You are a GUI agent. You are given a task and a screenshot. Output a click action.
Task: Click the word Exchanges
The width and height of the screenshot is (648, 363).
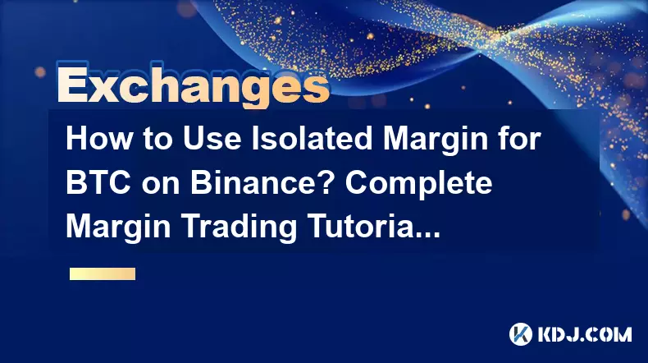pos(194,85)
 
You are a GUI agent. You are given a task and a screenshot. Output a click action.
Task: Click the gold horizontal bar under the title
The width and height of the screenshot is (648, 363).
pos(103,274)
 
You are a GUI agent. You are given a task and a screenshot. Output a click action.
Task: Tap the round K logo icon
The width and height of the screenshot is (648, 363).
pos(520,334)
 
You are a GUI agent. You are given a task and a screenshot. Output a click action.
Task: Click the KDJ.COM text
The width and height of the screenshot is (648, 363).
pos(585,334)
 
